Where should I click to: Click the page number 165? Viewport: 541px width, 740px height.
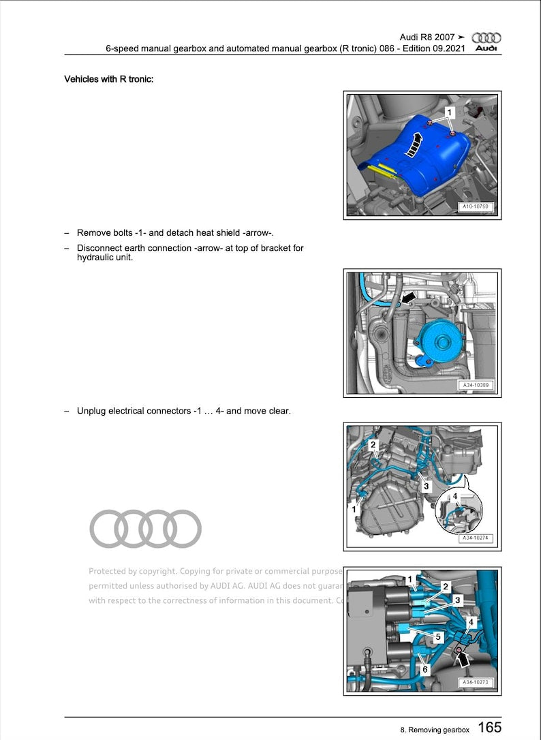click(x=489, y=728)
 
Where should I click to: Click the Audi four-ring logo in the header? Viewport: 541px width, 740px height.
click(x=486, y=38)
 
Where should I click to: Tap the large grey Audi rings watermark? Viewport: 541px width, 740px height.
click(x=146, y=529)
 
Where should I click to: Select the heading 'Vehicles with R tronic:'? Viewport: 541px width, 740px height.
click(x=109, y=79)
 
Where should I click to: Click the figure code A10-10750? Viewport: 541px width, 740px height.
click(x=475, y=206)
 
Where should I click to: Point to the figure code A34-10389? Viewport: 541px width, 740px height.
click(x=475, y=386)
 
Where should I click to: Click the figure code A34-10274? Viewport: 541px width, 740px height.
click(x=475, y=538)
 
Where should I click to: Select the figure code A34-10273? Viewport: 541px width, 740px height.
click(x=475, y=682)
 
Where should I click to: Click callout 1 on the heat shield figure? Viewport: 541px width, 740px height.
click(x=449, y=111)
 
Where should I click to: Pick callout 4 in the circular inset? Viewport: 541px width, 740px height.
click(x=455, y=497)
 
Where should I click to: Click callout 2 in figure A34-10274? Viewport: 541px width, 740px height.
click(x=373, y=445)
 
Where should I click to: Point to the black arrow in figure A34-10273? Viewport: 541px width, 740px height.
click(x=464, y=658)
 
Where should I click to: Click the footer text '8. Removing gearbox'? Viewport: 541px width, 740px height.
click(x=435, y=729)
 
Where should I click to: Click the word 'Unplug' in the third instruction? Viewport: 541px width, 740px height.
click(x=92, y=411)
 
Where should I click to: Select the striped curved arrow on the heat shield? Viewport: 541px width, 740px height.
click(x=414, y=144)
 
